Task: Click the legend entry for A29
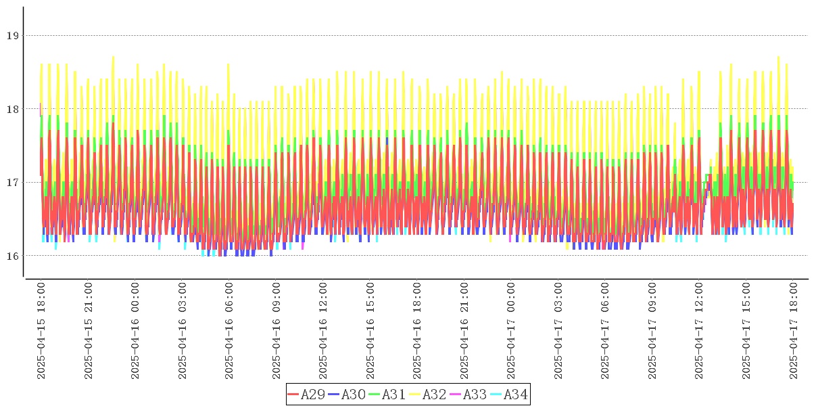306,394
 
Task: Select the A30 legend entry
347,394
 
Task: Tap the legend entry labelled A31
387,394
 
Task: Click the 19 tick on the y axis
12,35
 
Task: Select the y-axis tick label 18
12,109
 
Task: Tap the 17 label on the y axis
12,182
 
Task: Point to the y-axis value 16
12,256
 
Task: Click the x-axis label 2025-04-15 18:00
41,332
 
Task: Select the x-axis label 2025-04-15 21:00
89,332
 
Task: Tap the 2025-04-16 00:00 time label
135,332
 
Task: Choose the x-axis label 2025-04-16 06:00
229,332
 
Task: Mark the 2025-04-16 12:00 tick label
323,332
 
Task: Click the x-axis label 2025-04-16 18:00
417,332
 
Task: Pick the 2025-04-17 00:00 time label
511,332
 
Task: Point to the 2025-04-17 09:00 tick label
652,332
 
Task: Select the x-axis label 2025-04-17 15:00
746,332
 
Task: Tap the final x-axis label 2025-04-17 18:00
793,332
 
